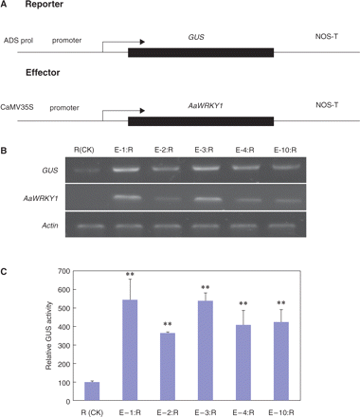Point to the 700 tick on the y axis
pos(55,270)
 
